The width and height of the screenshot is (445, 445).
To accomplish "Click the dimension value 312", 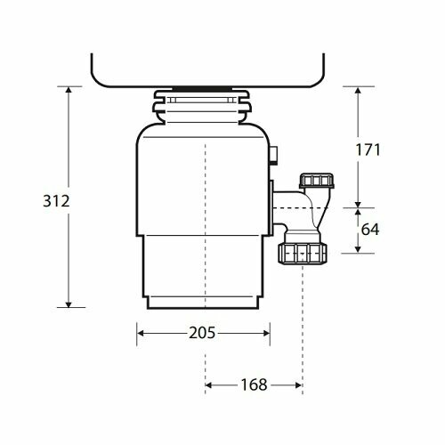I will coord(53,202).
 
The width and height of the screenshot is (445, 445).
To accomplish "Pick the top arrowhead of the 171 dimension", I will coord(359,91).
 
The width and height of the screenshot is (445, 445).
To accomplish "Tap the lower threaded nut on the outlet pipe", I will coord(303,253).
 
